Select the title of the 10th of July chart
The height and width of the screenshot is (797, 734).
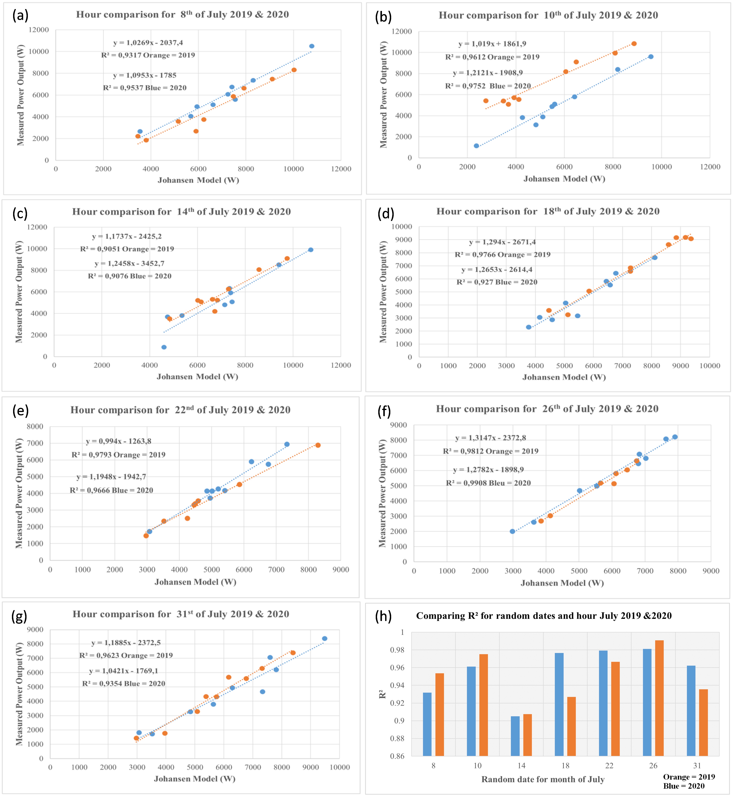tap(548, 15)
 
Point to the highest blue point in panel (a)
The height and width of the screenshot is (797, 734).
tap(312, 46)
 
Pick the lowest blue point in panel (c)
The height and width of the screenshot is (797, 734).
tap(164, 347)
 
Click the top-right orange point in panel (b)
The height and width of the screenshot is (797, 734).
tap(634, 44)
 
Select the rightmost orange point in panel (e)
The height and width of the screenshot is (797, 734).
tap(318, 445)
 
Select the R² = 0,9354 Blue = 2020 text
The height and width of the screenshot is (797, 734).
tap(124, 684)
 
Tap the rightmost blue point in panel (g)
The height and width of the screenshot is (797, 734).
tap(325, 639)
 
